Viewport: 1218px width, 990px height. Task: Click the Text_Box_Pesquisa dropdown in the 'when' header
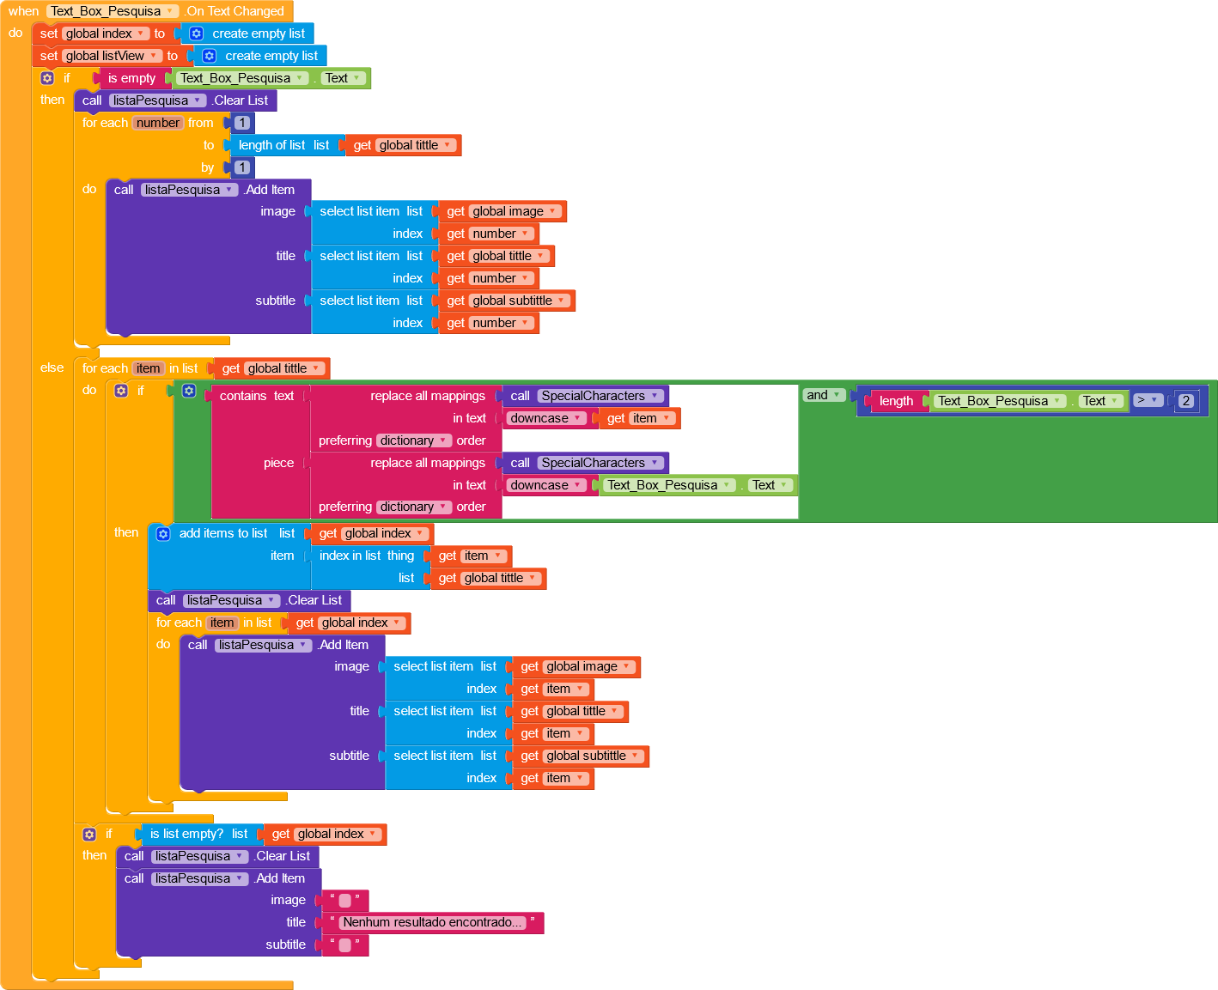[x=112, y=11]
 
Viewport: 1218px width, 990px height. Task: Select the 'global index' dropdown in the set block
[x=105, y=33]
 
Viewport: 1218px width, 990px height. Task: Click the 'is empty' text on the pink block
[x=131, y=78]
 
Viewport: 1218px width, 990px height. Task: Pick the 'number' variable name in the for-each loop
[x=158, y=123]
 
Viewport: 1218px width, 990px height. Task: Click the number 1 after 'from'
[x=242, y=123]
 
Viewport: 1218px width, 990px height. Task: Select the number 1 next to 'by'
[x=242, y=167]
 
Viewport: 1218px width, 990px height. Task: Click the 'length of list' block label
[x=271, y=145]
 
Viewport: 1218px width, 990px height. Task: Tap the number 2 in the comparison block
[x=1186, y=401]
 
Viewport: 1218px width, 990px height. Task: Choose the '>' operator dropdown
[x=1147, y=400]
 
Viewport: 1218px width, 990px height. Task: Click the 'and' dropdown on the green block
[x=823, y=395]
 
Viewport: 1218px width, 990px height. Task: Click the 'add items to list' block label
[x=223, y=533]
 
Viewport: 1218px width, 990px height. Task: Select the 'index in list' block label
[x=350, y=556]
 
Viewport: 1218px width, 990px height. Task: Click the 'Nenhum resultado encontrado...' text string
[x=432, y=922]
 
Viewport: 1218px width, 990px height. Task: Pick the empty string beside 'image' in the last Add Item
[x=344, y=900]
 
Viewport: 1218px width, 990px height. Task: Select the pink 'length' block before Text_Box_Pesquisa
[x=896, y=401]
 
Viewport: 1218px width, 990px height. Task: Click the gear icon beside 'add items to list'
[x=163, y=533]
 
